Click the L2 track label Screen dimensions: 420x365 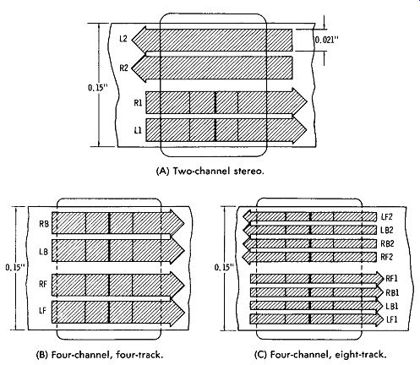point(123,38)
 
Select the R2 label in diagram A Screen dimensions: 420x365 point(123,68)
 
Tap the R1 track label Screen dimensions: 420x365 point(138,103)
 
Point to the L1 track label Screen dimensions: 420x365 point(138,130)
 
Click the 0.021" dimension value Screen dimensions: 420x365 point(326,40)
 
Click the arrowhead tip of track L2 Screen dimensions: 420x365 point(132,39)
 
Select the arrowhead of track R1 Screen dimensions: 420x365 point(299,102)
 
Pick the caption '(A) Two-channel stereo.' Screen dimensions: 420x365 point(210,171)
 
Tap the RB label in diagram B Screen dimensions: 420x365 point(44,224)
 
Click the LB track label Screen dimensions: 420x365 point(43,252)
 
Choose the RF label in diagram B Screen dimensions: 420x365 point(43,284)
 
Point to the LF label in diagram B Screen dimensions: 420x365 point(42,311)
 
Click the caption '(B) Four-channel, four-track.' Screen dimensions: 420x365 point(100,355)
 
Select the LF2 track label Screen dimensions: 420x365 point(386,216)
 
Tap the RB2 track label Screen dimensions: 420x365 point(387,243)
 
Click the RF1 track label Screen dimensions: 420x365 point(391,279)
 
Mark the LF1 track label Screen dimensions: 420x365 point(391,319)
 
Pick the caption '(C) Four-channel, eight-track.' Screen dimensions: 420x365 point(320,355)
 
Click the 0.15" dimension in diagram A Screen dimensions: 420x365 point(98,87)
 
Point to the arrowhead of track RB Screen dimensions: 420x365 point(177,224)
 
